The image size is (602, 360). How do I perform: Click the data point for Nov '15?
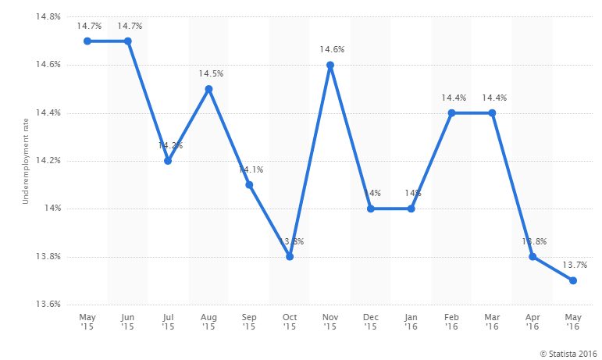(330, 65)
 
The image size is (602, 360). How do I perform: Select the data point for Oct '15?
(290, 257)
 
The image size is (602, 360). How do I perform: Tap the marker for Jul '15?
(168, 161)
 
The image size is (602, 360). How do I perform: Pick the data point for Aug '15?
(208, 89)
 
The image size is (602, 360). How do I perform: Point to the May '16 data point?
(573, 280)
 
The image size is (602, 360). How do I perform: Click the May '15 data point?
(87, 41)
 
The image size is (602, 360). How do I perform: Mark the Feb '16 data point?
(451, 112)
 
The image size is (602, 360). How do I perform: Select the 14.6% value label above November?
(331, 50)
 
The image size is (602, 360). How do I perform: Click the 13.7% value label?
(574, 266)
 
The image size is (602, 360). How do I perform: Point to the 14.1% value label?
(250, 170)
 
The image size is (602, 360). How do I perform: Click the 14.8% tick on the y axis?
(48, 16)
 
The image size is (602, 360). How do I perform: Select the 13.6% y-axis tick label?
(48, 305)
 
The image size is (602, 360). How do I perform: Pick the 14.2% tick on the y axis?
(48, 161)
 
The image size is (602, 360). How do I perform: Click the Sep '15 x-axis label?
(249, 323)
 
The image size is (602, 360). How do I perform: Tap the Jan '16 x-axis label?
(411, 323)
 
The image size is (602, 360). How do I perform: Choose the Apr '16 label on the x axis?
(533, 323)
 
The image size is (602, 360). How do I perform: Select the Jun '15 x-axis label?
(127, 323)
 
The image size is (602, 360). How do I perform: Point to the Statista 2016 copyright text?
(567, 354)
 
